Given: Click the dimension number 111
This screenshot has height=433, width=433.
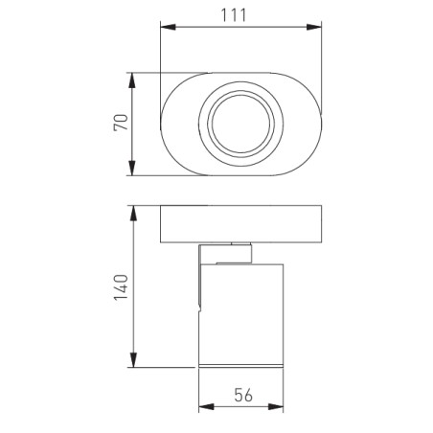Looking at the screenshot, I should tap(240, 16).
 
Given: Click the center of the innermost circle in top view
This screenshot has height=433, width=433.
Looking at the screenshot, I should tap(240, 125).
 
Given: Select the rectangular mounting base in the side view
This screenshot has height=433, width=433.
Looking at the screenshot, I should tap(239, 224).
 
